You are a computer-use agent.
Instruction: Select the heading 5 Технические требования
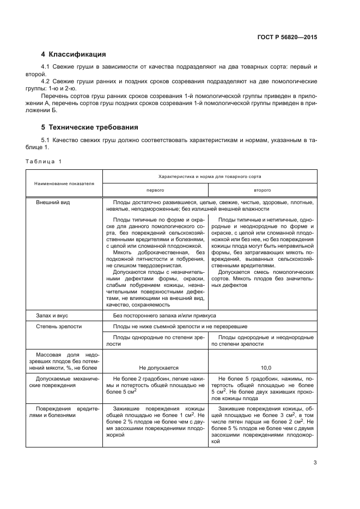click(90, 127)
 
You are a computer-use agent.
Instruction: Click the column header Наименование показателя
click(64, 183)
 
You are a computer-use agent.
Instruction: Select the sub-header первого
click(155, 191)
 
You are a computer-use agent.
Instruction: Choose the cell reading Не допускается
click(155, 367)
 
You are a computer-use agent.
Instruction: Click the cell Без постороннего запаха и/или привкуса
click(165, 315)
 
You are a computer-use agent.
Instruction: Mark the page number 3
click(315, 463)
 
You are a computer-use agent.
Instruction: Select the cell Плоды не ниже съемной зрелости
click(180, 327)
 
